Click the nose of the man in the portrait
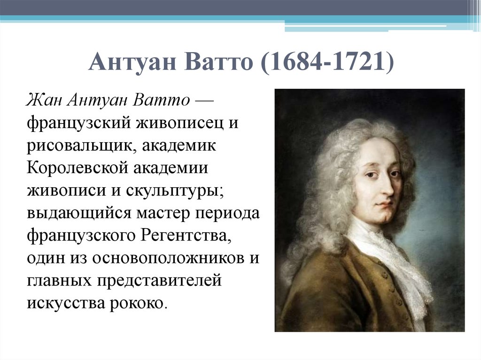click(389, 186)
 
